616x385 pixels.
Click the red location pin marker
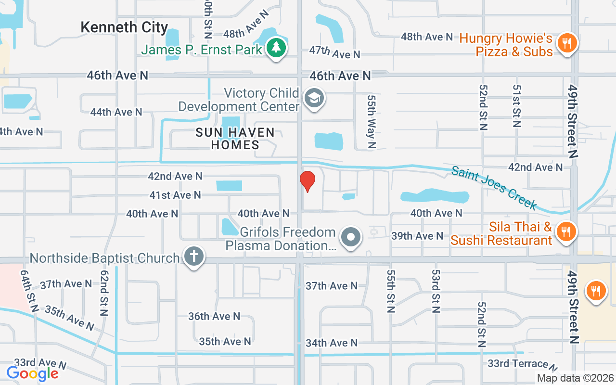(x=308, y=181)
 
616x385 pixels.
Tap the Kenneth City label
(x=124, y=27)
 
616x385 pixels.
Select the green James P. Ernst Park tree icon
(x=276, y=48)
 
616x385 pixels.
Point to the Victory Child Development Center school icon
(x=314, y=99)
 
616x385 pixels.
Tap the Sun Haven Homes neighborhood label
(x=235, y=138)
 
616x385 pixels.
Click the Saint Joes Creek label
(x=494, y=187)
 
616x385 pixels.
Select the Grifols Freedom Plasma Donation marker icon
(x=351, y=237)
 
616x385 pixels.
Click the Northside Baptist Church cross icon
(x=194, y=257)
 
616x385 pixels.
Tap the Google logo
(x=32, y=373)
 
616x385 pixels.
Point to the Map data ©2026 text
(x=576, y=378)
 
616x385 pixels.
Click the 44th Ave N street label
(x=116, y=112)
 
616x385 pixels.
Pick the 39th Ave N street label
(x=417, y=236)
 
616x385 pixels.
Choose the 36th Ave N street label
(x=214, y=316)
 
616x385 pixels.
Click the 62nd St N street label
(x=103, y=293)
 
